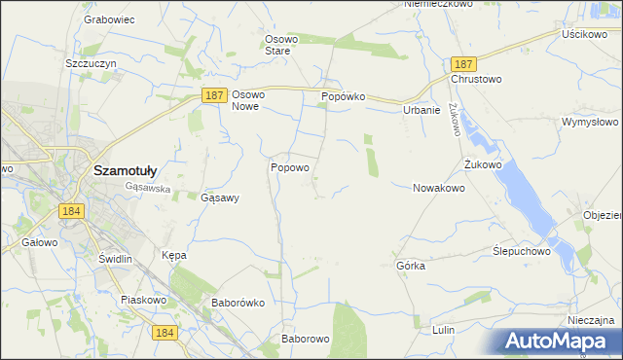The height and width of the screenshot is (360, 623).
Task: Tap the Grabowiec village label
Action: [x=108, y=19]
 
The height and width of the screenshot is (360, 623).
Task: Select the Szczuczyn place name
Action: [x=91, y=63]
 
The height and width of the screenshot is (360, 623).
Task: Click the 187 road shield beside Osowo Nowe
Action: [x=216, y=95]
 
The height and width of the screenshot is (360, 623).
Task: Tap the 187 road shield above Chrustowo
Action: [x=462, y=62]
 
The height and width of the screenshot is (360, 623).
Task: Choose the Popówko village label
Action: [x=343, y=97]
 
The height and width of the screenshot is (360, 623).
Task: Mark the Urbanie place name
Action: [x=421, y=110]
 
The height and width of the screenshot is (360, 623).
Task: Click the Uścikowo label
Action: [x=584, y=33]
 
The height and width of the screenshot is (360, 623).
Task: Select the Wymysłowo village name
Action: [x=590, y=123]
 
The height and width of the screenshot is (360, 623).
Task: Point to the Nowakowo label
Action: [x=438, y=188]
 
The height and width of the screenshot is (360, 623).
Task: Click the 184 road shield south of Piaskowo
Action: [x=165, y=333]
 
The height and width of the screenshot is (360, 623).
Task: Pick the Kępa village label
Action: [x=173, y=255]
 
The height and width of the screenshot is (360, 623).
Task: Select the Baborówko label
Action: [x=238, y=303]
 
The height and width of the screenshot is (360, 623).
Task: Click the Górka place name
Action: [x=411, y=266]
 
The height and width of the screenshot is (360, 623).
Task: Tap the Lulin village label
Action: [x=443, y=330]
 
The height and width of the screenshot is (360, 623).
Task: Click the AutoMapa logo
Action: [x=558, y=342]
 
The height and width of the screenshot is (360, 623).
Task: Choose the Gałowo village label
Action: [x=40, y=242]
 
